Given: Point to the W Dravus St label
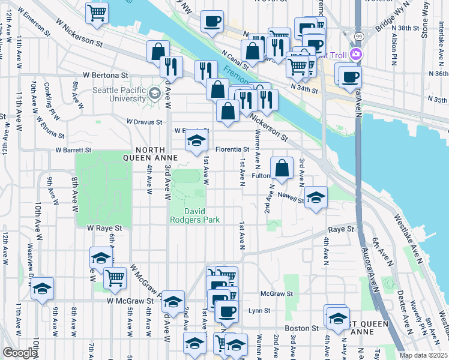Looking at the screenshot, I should pyautogui.click(x=144, y=122).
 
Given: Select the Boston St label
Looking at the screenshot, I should pyautogui.click(x=301, y=328).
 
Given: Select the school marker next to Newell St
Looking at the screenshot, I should pyautogui.click(x=315, y=197).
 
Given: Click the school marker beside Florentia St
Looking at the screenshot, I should pyautogui.click(x=195, y=142).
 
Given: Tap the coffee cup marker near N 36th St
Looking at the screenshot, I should pyautogui.click(x=350, y=76).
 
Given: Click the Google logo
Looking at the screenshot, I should pyautogui.click(x=20, y=353).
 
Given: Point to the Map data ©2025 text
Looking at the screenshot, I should pyautogui.click(x=423, y=355).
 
